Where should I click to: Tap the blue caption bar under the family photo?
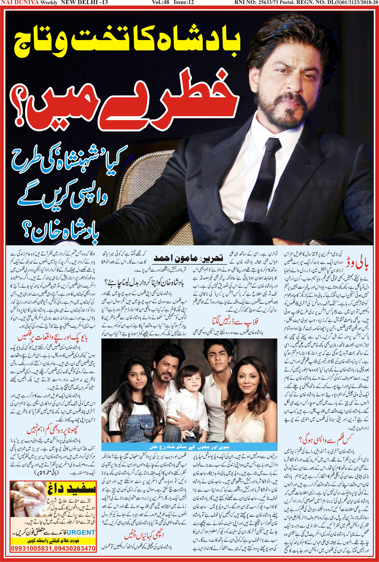coord(189,447)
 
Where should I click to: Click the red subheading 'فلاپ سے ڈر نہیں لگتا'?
coord(235,322)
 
